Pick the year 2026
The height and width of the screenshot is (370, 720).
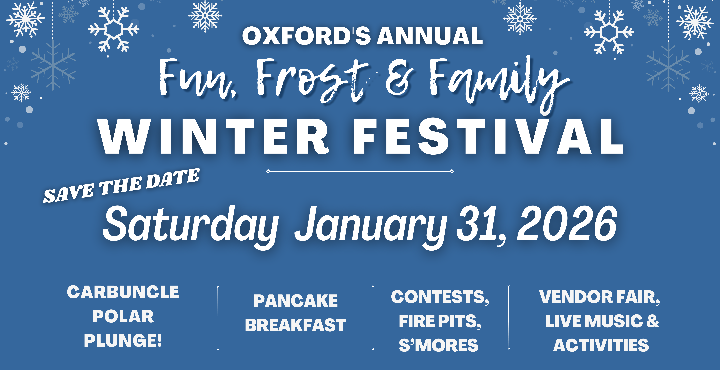(567, 224)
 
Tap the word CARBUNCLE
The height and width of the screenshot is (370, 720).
(123, 292)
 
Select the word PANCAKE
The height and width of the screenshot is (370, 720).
(295, 301)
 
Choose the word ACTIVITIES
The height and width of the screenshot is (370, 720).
(601, 345)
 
